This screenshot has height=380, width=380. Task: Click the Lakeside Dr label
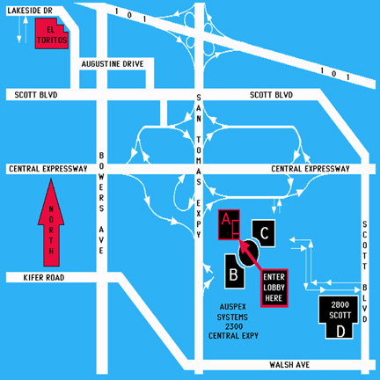click(30, 11)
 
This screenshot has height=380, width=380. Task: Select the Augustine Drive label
click(113, 64)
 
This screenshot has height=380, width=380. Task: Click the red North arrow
click(51, 223)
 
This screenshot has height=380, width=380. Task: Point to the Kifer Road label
click(44, 277)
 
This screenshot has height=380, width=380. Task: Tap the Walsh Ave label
click(289, 365)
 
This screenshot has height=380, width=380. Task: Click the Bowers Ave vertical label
click(101, 203)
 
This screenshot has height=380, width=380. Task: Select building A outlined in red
click(229, 225)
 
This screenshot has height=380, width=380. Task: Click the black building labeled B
click(234, 272)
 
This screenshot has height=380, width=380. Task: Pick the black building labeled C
click(264, 233)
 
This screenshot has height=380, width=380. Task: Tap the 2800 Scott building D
click(340, 318)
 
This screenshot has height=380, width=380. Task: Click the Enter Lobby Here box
click(274, 288)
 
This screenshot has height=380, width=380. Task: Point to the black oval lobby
click(249, 253)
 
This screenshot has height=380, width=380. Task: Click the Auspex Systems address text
click(233, 321)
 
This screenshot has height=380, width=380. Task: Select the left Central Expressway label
click(48, 169)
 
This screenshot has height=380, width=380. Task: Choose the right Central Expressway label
click(311, 169)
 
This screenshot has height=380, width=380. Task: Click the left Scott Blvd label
click(36, 95)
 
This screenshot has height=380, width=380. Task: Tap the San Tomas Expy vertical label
click(199, 166)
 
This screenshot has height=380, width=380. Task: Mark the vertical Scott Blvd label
click(364, 272)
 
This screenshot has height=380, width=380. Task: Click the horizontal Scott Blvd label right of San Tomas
click(271, 95)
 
